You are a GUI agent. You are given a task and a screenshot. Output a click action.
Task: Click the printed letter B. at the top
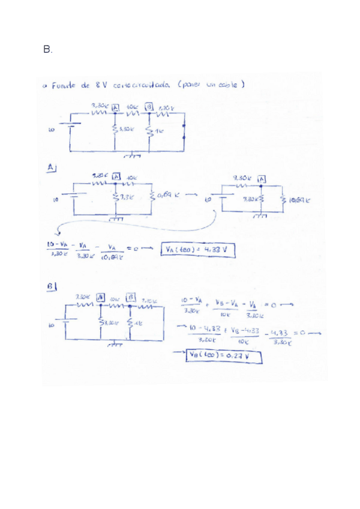coord(48,50)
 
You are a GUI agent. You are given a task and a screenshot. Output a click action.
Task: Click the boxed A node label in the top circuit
coord(115,108)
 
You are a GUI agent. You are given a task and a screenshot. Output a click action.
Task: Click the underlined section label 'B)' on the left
coord(53,287)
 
